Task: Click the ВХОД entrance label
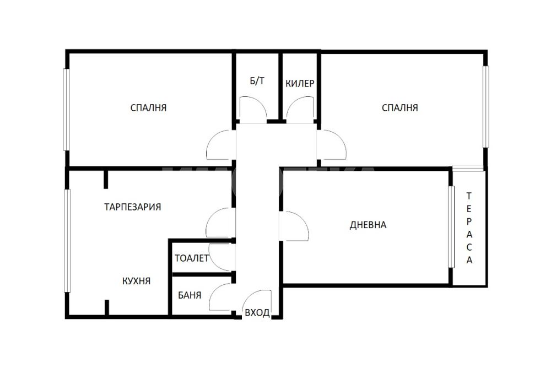tap(257, 312)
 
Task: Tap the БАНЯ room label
tap(190, 295)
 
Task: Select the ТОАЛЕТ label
tap(192, 258)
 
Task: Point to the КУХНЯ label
tap(136, 281)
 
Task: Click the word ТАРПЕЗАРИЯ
tap(132, 207)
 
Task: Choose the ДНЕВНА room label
tap(368, 225)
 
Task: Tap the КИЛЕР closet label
tap(300, 84)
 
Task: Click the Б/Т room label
tap(257, 81)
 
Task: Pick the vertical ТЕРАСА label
tap(469, 228)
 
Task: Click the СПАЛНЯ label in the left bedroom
tap(148, 107)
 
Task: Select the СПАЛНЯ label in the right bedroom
tap(400, 107)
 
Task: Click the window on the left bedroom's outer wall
tap(66, 110)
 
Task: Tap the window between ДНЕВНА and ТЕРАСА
tap(451, 227)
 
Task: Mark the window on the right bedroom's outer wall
tap(485, 107)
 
